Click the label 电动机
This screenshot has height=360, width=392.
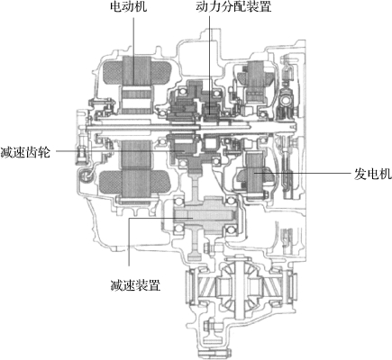tap(128, 6)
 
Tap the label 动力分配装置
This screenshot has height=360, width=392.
tap(233, 6)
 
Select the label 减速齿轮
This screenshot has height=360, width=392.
tap(25, 152)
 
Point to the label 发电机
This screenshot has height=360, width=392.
tap(373, 174)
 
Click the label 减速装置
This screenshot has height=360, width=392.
tap(135, 285)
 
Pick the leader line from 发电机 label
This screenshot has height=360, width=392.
tap(303, 173)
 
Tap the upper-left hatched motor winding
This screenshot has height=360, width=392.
tap(112, 72)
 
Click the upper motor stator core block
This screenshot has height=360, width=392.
tap(136, 70)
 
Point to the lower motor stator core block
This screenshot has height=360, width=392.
tap(136, 170)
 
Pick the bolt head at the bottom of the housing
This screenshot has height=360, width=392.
tap(206, 325)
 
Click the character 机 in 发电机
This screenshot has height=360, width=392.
tap(386, 174)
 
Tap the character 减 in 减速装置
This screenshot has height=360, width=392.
tap(116, 285)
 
